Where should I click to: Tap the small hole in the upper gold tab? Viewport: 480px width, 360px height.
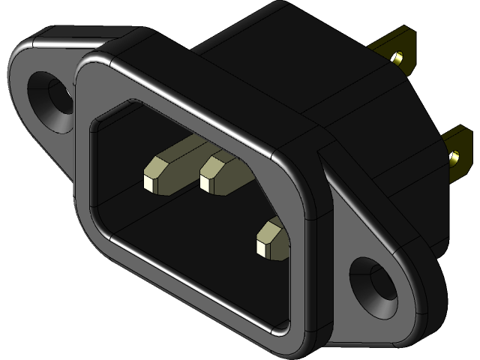click(x=399, y=57)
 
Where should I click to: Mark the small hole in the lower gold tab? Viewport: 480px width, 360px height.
click(x=454, y=158)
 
